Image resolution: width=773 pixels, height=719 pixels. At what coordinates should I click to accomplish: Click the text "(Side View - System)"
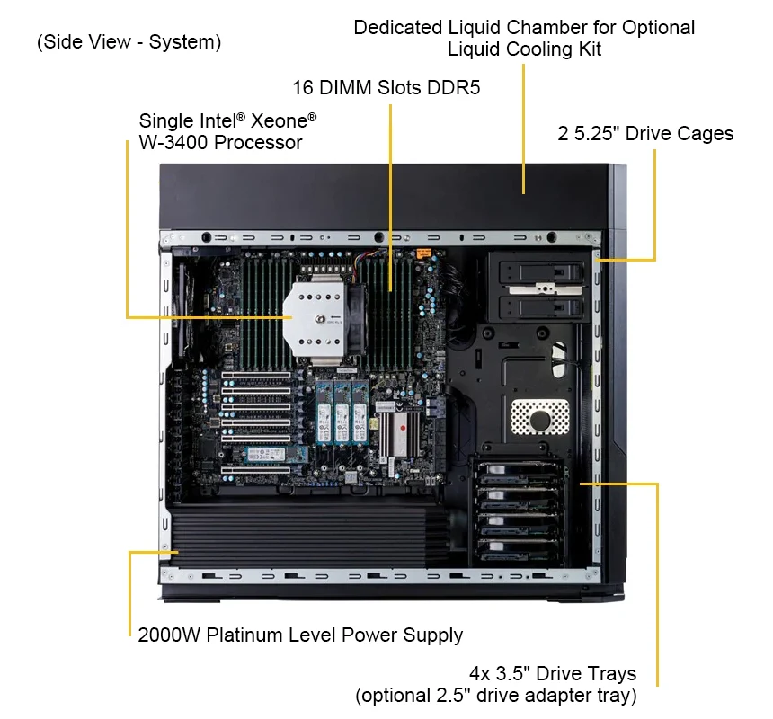click(x=129, y=42)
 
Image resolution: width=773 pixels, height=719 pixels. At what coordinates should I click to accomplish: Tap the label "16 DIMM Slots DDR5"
click(x=386, y=88)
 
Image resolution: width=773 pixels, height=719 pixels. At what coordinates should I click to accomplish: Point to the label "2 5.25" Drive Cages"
click(x=645, y=134)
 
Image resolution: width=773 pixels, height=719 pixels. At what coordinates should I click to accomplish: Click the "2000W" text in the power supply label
click(x=169, y=635)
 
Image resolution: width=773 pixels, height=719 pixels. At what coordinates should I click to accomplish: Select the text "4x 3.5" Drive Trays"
click(x=553, y=673)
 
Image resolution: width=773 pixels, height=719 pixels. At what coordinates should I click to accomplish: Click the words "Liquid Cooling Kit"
click(x=524, y=49)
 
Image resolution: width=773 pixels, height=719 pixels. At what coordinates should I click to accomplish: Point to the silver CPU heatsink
click(x=315, y=317)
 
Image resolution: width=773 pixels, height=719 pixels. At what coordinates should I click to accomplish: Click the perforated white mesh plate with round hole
click(x=540, y=417)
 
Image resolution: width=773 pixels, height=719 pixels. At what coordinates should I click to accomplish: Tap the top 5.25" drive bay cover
click(x=541, y=272)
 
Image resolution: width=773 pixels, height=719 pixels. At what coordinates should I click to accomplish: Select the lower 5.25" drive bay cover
click(x=541, y=308)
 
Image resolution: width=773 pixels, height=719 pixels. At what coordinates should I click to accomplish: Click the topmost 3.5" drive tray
click(x=517, y=473)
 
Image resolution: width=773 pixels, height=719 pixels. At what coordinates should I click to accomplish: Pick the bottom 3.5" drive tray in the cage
click(x=517, y=550)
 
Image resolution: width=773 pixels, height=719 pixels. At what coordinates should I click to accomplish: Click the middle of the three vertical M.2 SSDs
click(x=342, y=412)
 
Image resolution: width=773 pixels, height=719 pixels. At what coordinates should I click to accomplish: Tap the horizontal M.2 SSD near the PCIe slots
click(x=276, y=455)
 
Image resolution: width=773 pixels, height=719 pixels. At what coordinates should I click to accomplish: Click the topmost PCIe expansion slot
click(x=256, y=376)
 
